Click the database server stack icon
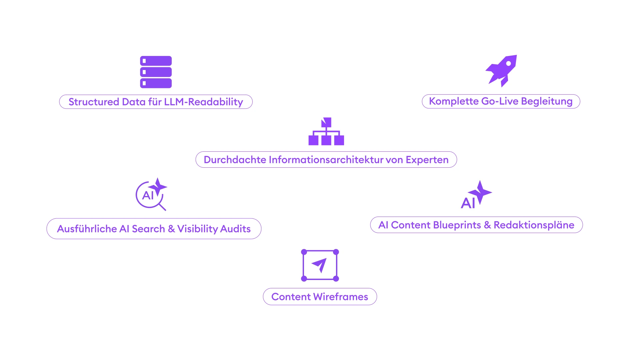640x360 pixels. [x=156, y=72]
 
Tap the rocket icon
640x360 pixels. [x=501, y=71]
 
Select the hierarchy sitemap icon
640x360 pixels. [x=326, y=132]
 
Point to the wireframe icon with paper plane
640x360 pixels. [x=320, y=265]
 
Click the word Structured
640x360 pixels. [x=94, y=102]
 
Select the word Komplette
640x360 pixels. [x=453, y=101]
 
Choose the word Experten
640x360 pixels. [x=427, y=160]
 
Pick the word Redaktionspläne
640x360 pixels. [x=534, y=225]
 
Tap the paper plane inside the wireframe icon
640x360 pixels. [x=320, y=265]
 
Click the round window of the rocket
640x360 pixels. [x=509, y=63]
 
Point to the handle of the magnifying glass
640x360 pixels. [x=162, y=207]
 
